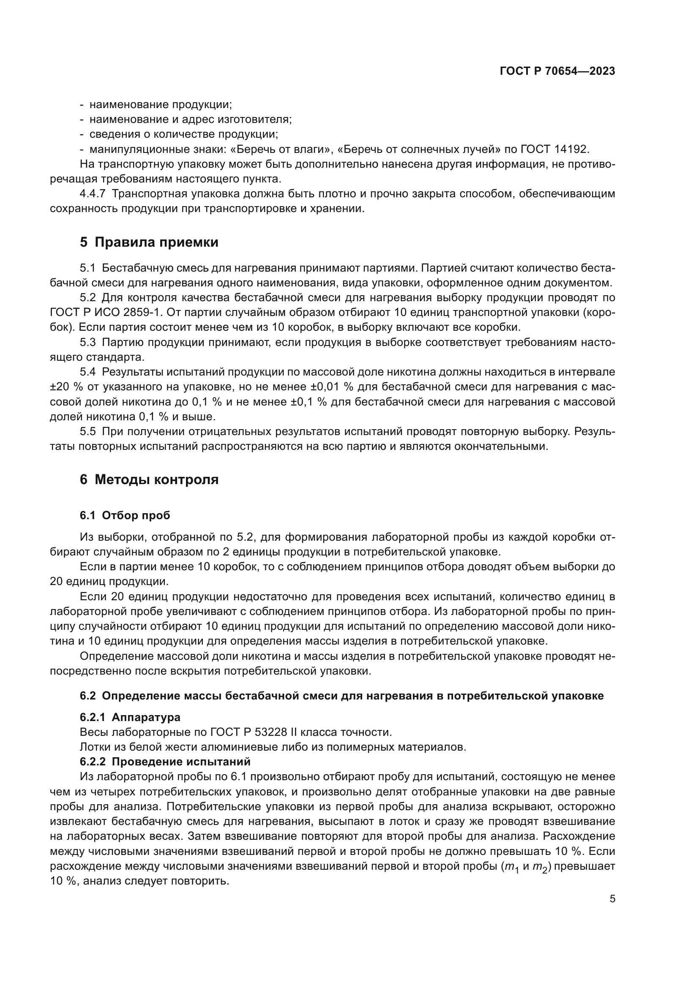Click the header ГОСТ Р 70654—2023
[x=557, y=71]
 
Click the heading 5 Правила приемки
[x=149, y=242]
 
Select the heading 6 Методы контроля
[x=149, y=479]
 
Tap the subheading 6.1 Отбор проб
[x=125, y=515]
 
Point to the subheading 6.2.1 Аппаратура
[x=130, y=717]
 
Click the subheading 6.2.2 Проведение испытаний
[x=165, y=762]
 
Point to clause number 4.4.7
[x=93, y=194]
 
